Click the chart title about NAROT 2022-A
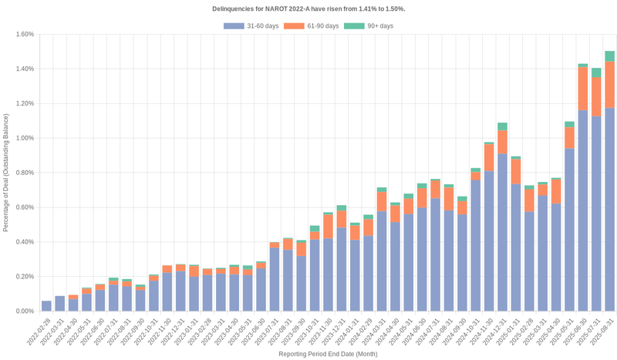tap(308, 8)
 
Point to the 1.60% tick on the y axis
tap(24, 34)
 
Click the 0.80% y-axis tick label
tap(24, 173)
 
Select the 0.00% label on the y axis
tap(24, 311)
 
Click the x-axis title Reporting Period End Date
tap(328, 354)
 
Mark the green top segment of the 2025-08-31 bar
tap(609, 56)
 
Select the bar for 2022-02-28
tap(46, 306)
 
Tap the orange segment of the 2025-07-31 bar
tap(596, 96)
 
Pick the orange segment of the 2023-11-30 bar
tap(328, 227)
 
